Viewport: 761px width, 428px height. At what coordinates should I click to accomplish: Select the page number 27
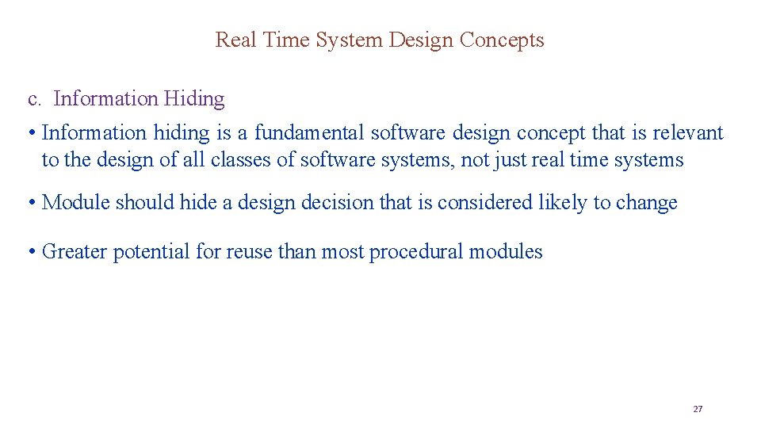click(x=698, y=409)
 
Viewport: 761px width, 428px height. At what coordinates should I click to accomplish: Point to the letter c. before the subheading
click(x=34, y=99)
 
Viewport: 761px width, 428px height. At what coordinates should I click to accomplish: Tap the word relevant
click(x=688, y=132)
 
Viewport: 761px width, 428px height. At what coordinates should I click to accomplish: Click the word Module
click(x=76, y=202)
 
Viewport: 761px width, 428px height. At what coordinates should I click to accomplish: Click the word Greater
click(x=75, y=252)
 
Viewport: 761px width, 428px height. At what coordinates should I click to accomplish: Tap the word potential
click(x=151, y=252)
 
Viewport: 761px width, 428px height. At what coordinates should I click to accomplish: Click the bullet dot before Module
click(x=30, y=202)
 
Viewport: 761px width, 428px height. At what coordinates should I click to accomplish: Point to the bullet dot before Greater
click(x=30, y=252)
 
